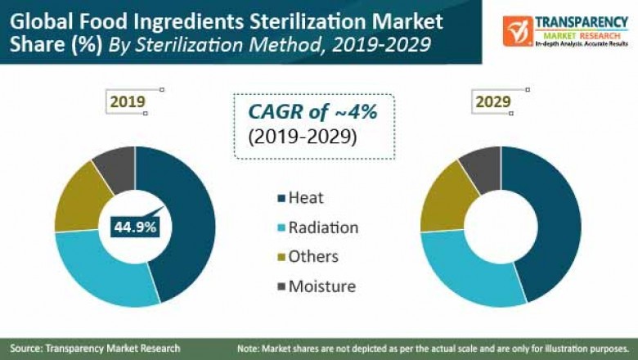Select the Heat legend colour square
click(x=281, y=197)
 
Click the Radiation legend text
click(x=322, y=227)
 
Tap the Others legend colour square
click(x=281, y=257)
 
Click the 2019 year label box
click(x=128, y=102)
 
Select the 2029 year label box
click(x=493, y=102)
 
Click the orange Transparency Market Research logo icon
click(x=518, y=31)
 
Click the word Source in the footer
click(x=27, y=349)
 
